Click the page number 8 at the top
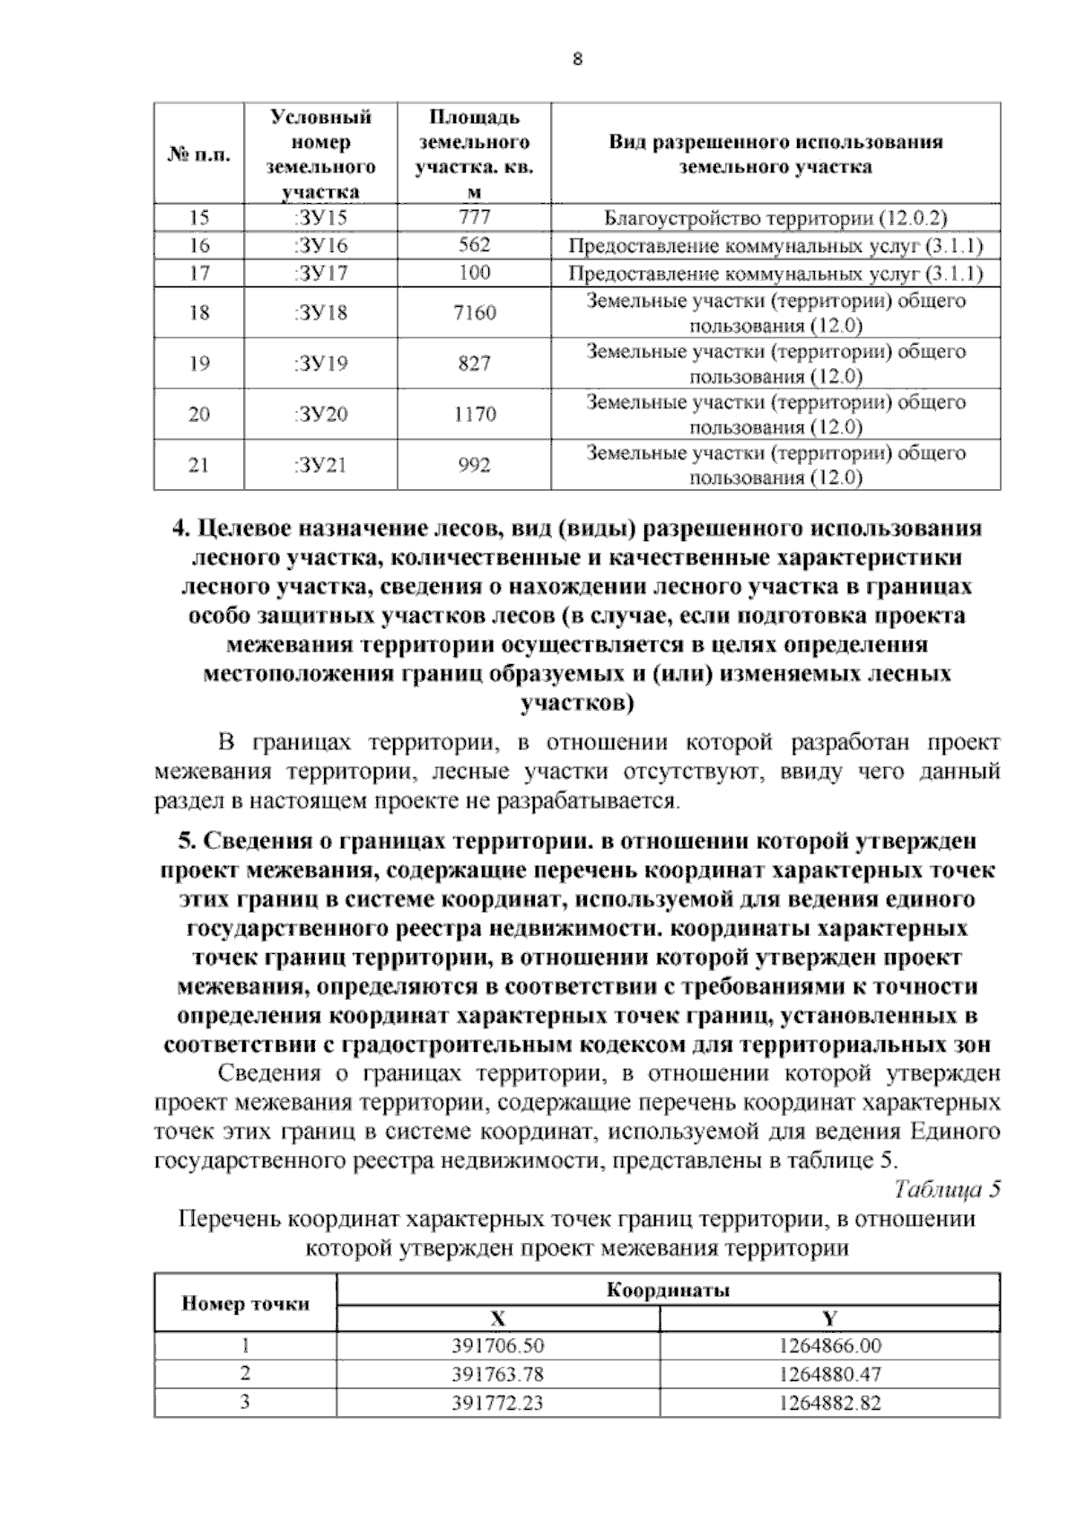577,59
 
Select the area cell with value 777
474,217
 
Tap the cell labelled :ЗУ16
320,245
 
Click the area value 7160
475,312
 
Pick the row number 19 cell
198,363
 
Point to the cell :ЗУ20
320,414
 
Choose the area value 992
474,465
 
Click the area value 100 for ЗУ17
474,272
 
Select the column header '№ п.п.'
198,154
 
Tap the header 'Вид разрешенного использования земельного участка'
775,153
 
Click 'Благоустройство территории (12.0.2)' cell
775,218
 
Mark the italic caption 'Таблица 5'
947,1189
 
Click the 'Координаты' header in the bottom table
668,1290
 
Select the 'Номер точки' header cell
245,1304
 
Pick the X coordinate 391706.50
498,1346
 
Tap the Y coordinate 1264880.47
830,1374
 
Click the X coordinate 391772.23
498,1402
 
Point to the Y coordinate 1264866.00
830,1346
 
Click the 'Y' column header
830,1318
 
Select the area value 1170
475,414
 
